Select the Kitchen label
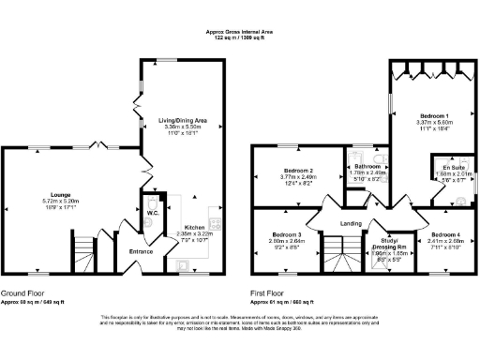194,227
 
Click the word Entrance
141,251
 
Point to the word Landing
352,222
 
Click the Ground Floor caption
22,292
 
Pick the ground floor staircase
83,250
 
